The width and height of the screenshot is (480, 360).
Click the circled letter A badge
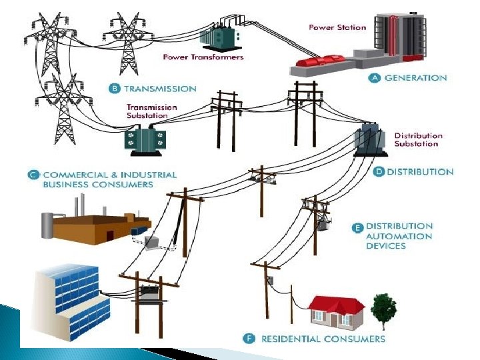[x=375, y=78]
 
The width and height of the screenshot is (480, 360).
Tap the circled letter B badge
[x=115, y=89]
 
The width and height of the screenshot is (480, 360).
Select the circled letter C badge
[x=32, y=175]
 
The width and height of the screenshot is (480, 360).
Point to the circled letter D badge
[x=378, y=172]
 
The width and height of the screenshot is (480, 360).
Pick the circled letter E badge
[x=357, y=227]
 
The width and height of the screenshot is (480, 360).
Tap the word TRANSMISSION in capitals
[x=161, y=89]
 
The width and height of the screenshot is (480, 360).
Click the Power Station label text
[x=337, y=27]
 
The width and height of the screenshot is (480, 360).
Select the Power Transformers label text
[x=203, y=57]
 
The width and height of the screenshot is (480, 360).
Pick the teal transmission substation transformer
[x=144, y=139]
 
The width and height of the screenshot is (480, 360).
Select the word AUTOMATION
[x=399, y=237]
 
